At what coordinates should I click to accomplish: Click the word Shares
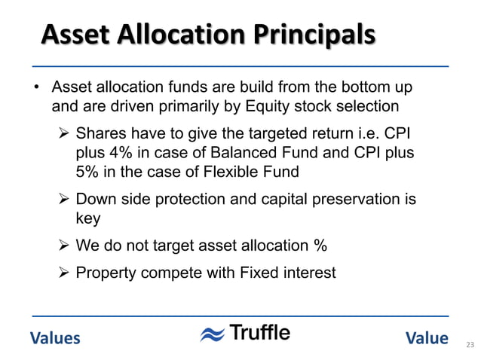click(102, 135)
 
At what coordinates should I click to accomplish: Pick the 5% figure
click(89, 172)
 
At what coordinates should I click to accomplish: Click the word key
click(88, 218)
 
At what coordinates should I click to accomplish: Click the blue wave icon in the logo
click(212, 335)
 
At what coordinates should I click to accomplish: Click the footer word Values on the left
click(55, 338)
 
